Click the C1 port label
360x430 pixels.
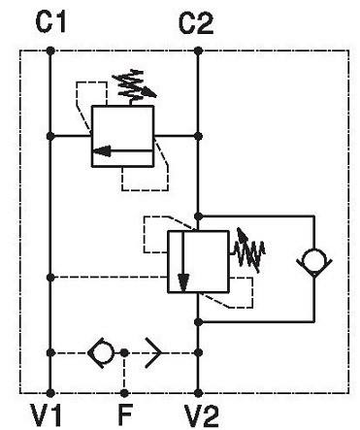tap(50, 21)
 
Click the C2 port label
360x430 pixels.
tap(196, 23)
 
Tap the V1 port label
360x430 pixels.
tap(46, 415)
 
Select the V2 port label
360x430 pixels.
tap(202, 415)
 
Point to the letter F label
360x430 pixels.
tap(125, 415)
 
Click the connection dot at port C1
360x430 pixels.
tap(50, 50)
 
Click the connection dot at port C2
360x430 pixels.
tap(199, 50)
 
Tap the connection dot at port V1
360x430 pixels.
tap(50, 393)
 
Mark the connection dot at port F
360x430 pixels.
tap(124, 393)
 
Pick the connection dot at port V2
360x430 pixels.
tap(199, 393)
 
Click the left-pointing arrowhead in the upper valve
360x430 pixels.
tap(102, 150)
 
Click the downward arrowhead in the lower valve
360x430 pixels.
tap(183, 282)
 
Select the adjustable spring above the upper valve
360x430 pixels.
tap(134, 84)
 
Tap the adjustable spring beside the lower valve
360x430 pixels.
tap(247, 250)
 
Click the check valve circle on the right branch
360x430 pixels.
tap(314, 260)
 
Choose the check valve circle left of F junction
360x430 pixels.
tap(101, 352)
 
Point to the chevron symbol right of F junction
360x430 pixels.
tap(153, 352)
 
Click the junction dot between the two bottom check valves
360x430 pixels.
tap(124, 352)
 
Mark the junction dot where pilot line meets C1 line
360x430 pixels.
tap(50, 278)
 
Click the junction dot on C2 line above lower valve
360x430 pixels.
tap(199, 215)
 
